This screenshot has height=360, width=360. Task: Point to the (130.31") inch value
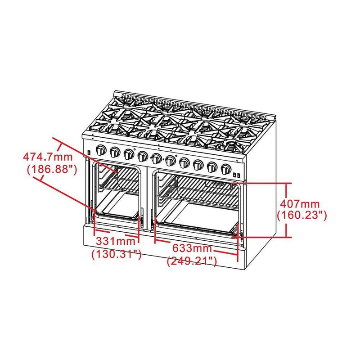pos(117,254)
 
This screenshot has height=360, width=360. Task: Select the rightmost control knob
pos(226,169)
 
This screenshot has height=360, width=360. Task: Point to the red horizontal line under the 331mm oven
pos(117,235)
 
